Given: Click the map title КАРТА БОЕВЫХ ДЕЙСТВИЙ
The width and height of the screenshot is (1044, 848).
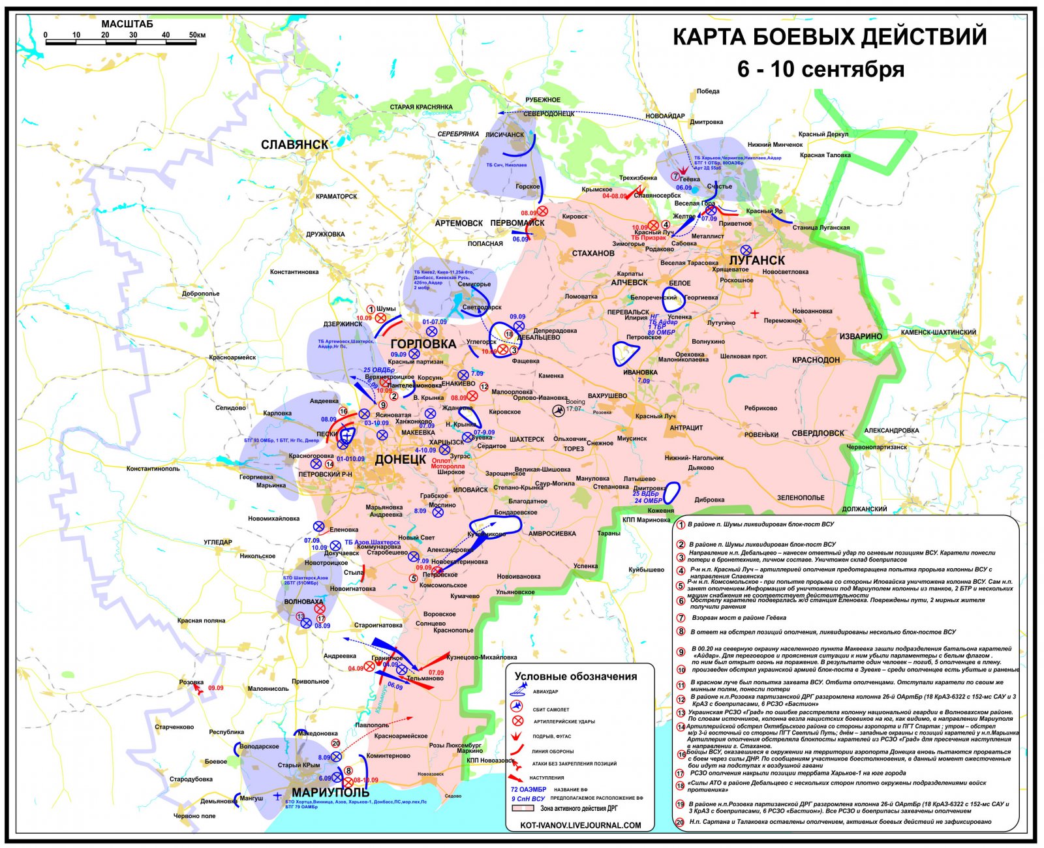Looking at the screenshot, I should tap(829, 37).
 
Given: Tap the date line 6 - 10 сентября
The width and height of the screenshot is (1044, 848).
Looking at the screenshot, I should tap(821, 69).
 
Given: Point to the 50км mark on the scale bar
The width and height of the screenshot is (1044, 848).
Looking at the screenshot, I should tap(196, 35).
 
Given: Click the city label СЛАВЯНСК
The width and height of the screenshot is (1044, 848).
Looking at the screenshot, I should tap(294, 144).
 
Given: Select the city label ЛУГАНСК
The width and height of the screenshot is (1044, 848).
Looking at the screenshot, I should tap(756, 260).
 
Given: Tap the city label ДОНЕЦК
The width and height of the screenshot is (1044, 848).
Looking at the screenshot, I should tap(400, 459).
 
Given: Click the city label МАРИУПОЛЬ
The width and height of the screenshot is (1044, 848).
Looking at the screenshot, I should tap(325, 792).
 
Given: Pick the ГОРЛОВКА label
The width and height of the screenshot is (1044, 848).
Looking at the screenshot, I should tap(423, 344).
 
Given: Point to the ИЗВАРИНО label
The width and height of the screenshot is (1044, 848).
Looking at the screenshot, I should tap(860, 337).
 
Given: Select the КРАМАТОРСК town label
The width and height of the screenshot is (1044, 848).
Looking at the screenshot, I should tap(336, 196).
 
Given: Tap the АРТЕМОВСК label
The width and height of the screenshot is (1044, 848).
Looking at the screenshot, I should tap(459, 223).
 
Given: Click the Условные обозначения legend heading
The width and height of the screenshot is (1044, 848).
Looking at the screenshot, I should tap(576, 676).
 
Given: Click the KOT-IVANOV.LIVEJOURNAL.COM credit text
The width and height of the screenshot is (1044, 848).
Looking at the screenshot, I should tap(581, 825).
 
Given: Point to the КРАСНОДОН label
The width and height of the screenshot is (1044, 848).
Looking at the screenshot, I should tap(816, 360).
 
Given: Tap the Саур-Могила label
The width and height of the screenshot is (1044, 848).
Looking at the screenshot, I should tap(554, 483).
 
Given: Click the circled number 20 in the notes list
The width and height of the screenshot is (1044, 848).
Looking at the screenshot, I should tap(680, 821).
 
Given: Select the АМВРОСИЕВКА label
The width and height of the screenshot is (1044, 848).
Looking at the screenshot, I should tap(552, 534).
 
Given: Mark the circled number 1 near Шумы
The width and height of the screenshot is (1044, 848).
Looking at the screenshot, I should tap(370, 309).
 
